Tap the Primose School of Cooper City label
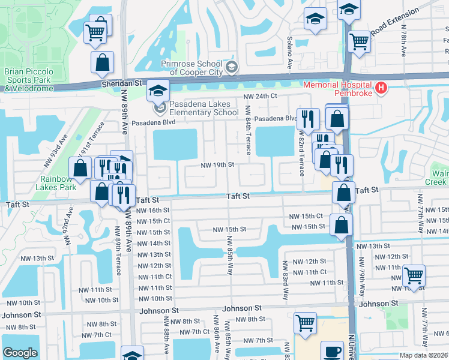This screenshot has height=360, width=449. pos(195,68)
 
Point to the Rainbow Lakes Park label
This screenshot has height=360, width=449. pos(58,183)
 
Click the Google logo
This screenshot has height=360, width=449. pos(20,353)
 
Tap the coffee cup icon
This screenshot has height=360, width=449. pos(331,352)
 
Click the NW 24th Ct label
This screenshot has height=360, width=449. pos(260,96)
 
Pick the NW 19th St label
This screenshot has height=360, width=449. pos(217,164)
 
